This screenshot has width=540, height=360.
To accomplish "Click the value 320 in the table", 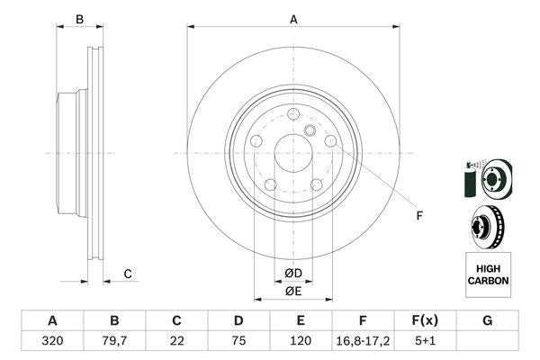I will point(52,341).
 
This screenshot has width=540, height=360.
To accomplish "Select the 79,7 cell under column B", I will point(114,341).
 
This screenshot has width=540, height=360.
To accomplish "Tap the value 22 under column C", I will point(176,341).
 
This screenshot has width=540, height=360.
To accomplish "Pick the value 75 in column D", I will point(238,341).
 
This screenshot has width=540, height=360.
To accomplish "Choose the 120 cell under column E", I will point(301,341).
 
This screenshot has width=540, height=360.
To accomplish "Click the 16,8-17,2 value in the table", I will point(363,341).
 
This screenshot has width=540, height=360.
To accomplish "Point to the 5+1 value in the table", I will point(425,341).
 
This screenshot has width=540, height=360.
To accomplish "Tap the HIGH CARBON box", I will point(488,275).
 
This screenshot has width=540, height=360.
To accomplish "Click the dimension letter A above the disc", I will point(292,18).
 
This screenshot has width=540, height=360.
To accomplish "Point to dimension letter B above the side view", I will point(79,19).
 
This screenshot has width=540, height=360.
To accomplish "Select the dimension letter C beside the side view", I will point(128,274).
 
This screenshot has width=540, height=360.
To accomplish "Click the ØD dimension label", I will point(292,274).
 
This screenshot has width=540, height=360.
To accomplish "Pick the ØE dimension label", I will point(292,291).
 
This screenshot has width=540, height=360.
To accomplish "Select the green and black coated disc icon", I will point(486,177).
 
